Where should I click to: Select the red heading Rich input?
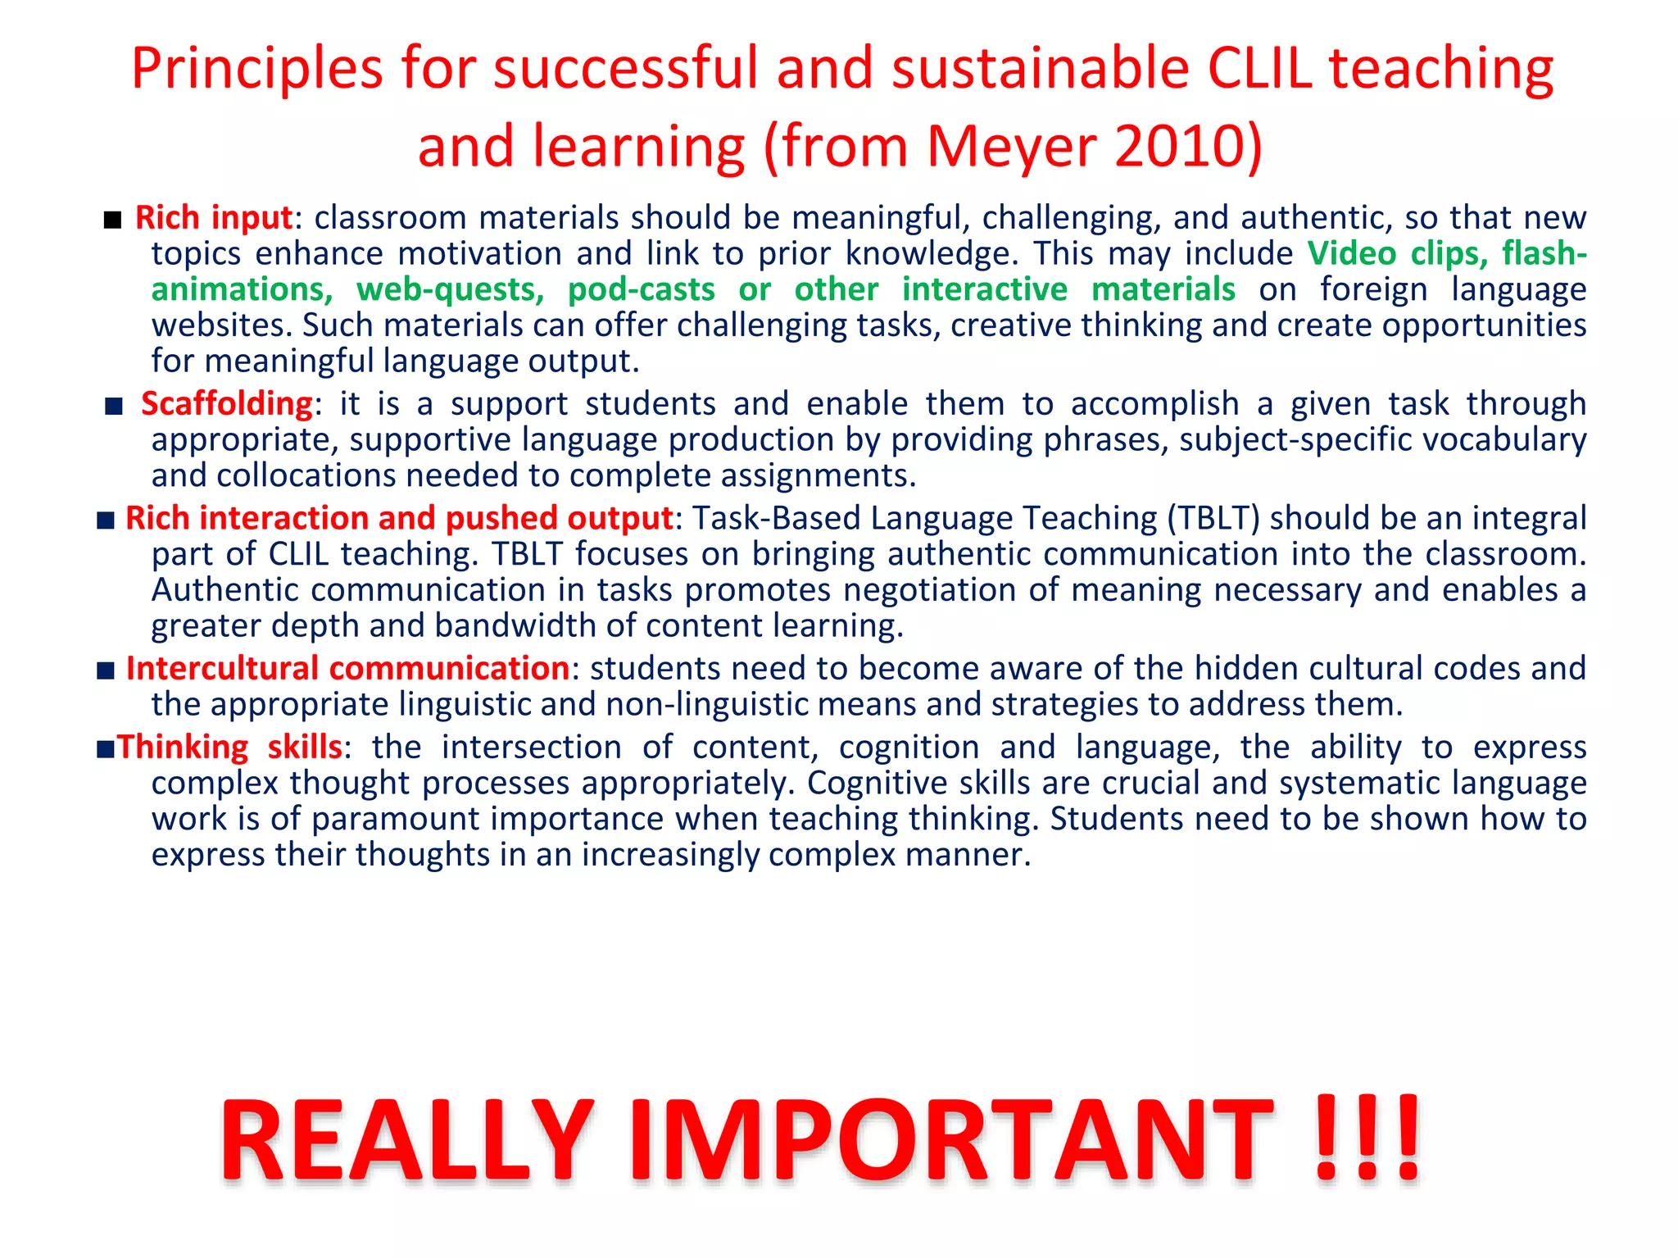click(x=213, y=218)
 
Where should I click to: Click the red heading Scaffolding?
click(x=227, y=404)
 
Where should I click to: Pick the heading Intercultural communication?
click(x=347, y=669)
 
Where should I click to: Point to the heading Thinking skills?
click(x=229, y=748)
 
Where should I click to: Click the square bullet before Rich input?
click(x=113, y=220)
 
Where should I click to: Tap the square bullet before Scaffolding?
click(x=114, y=406)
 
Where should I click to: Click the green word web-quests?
click(x=450, y=290)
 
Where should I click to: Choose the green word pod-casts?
click(x=641, y=290)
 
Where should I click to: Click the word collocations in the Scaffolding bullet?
click(x=306, y=476)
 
